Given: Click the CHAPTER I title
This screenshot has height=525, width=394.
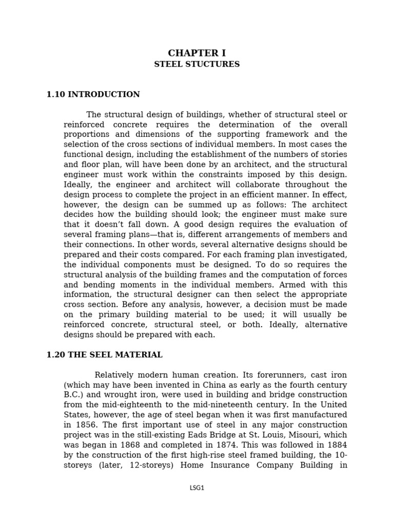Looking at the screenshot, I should (196, 53).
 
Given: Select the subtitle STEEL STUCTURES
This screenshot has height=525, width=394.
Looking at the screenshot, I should (196, 65).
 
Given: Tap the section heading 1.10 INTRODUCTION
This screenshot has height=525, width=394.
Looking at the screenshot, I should (93, 94).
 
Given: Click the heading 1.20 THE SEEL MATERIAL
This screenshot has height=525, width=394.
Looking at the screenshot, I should (104, 355).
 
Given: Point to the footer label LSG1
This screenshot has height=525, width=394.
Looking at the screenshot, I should (196, 488).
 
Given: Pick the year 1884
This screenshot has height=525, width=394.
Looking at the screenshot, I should (336, 445).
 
